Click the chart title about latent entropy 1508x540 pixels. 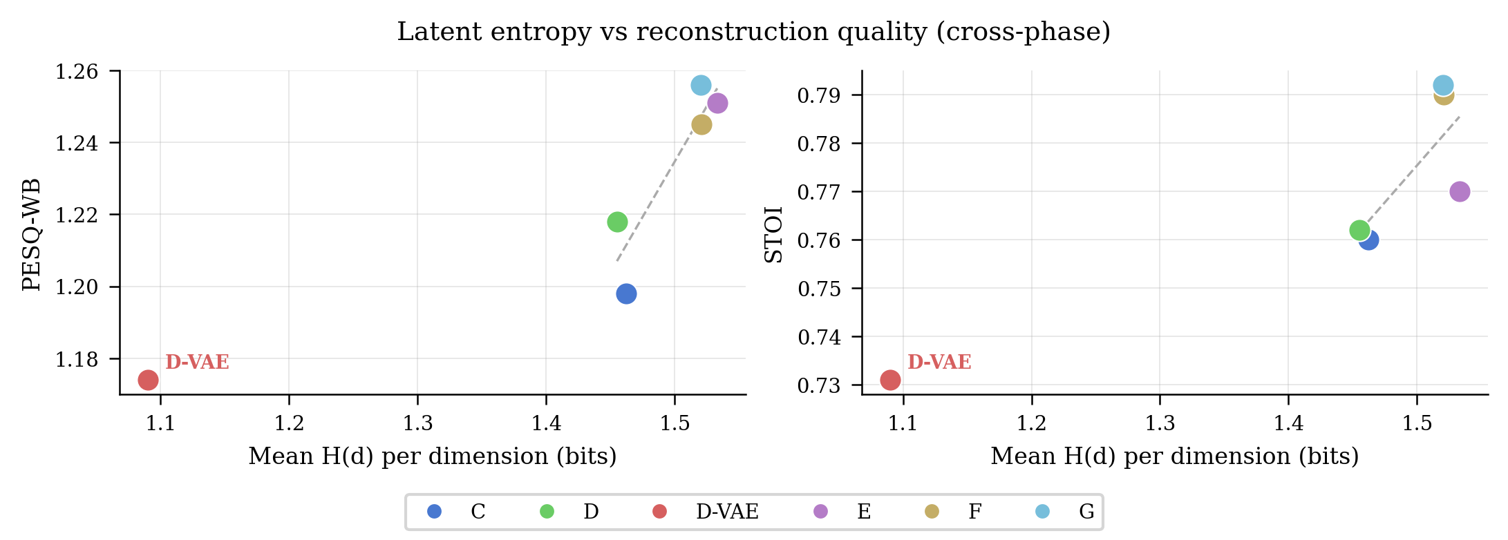[753, 32]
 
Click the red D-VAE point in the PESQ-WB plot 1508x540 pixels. [148, 380]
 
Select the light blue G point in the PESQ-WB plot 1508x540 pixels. [701, 86]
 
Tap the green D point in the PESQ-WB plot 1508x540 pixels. [617, 222]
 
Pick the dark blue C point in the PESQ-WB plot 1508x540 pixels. [626, 294]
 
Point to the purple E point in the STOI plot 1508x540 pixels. [1460, 192]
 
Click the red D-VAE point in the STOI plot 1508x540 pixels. [890, 380]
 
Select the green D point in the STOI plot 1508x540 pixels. [1359, 230]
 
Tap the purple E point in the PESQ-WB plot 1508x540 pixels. [717, 104]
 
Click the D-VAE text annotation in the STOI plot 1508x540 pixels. [939, 363]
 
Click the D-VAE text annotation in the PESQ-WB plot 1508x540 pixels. [197, 363]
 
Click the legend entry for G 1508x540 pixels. [1064, 512]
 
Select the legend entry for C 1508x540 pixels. [456, 512]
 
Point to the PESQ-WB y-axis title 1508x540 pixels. [32, 235]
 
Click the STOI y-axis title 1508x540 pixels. [774, 235]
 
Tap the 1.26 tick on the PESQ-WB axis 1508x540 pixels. [77, 71]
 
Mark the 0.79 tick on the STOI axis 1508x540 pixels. [819, 95]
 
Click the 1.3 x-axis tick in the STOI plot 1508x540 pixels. [1160, 423]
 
